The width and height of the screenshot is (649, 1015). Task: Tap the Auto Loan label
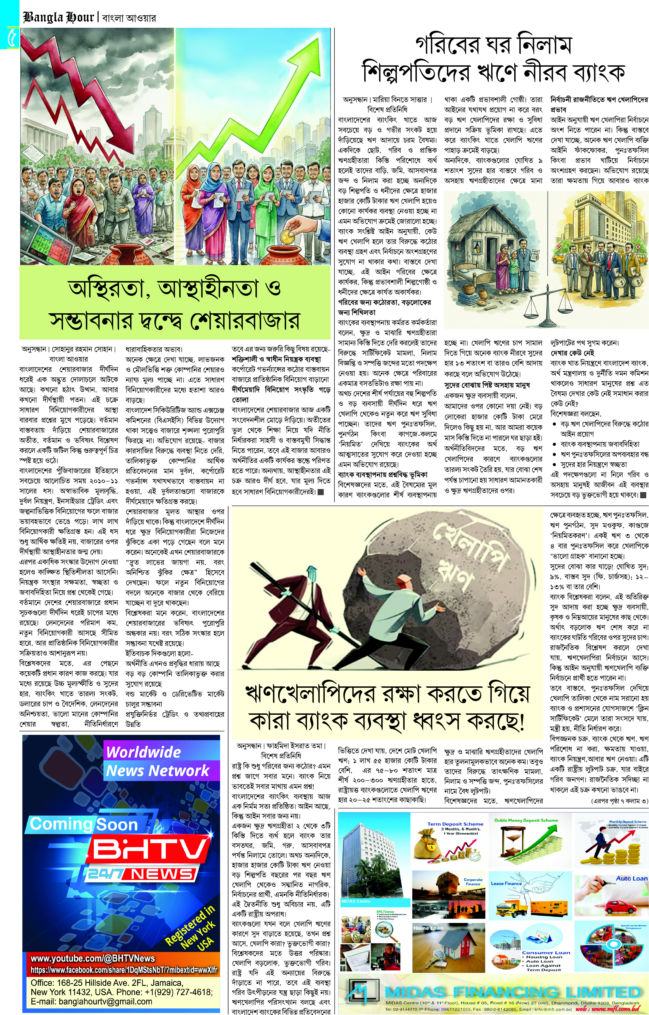[631, 878]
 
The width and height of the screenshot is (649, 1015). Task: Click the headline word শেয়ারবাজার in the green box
[244, 321]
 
